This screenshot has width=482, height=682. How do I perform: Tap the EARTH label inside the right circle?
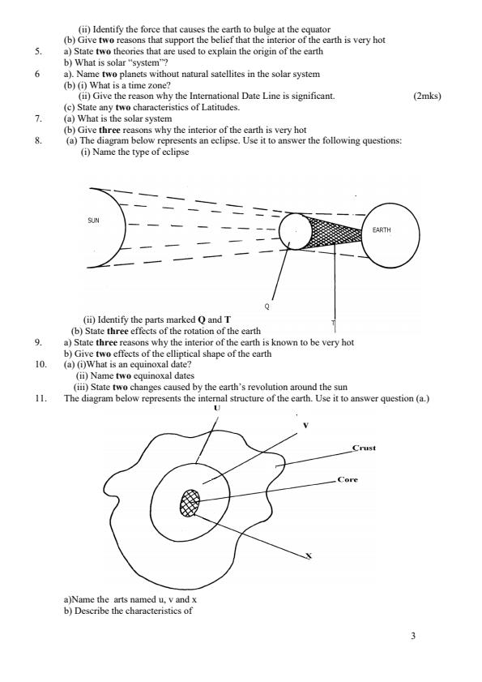382,230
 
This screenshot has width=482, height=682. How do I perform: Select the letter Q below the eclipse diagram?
267,307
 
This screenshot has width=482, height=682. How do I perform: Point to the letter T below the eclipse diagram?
333,323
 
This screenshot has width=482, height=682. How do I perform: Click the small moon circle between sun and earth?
295,231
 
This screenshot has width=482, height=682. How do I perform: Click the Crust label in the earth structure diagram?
365,447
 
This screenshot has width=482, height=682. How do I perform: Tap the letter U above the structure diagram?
217,409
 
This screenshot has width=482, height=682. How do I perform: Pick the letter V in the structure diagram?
305,425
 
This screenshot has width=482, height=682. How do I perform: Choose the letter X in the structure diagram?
308,555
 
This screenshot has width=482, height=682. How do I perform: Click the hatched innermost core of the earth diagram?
191,502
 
